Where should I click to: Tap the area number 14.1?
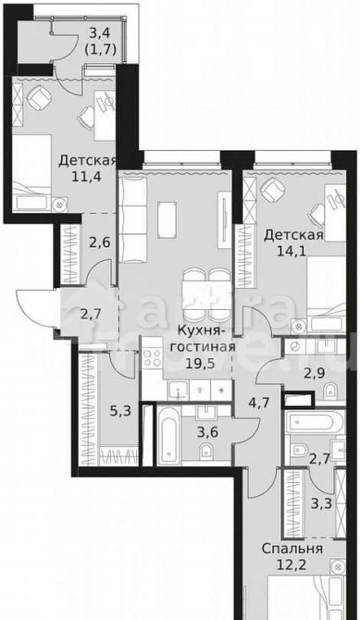pyautogui.click(x=292, y=251)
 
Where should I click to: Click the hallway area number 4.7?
pyautogui.click(x=255, y=403)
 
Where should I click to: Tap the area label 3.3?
pyautogui.click(x=323, y=504)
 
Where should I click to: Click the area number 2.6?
pyautogui.click(x=100, y=242)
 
